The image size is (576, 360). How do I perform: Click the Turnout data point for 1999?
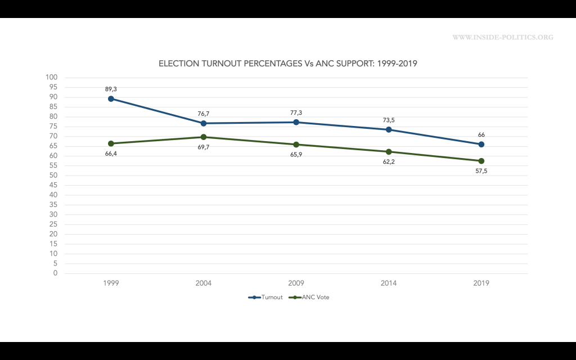pos(111,98)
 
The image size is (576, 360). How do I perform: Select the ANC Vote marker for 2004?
pos(204,137)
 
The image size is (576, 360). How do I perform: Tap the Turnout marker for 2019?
pos(481,144)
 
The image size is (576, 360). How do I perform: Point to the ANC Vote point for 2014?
pos(389,152)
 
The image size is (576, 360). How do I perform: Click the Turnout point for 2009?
pos(296,122)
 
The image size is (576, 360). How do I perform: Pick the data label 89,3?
pos(111,89)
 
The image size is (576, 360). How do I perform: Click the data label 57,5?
pos(481,170)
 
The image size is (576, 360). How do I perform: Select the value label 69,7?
pos(204,147)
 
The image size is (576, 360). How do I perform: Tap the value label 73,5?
pos(389,120)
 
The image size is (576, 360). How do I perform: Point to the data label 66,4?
pos(111,153)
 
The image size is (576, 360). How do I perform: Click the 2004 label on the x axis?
pos(204,283)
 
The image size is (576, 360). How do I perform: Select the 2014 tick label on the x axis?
pos(389,283)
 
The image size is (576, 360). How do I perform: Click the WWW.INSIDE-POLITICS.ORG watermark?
pos(502,38)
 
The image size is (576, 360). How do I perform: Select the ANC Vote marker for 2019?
pos(481,161)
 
